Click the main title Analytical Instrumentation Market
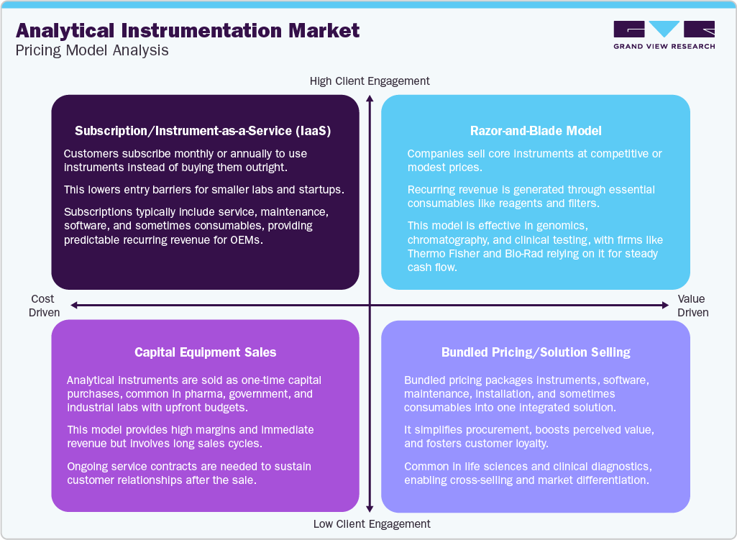[188, 30]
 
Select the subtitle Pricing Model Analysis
[92, 50]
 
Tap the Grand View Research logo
[664, 35]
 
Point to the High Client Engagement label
[370, 81]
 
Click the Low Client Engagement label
[372, 523]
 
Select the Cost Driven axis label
[43, 306]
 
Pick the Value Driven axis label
[692, 306]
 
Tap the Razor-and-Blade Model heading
[536, 131]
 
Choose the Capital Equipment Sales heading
[206, 352]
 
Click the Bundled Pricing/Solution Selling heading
[536, 352]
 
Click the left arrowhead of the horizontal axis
[73, 306]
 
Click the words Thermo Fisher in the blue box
[442, 253]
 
